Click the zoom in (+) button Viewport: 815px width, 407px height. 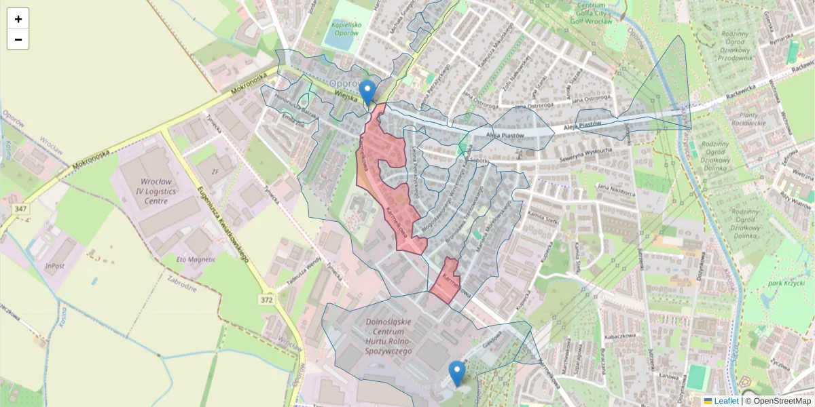click(x=18, y=19)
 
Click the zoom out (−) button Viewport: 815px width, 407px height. click(x=18, y=39)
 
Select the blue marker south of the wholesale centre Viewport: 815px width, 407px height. click(x=457, y=374)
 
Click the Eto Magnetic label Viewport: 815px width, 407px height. click(x=196, y=259)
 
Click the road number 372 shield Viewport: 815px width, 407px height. click(x=267, y=299)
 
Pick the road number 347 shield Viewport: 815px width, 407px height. click(x=21, y=209)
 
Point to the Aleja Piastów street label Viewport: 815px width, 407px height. click(x=506, y=136)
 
